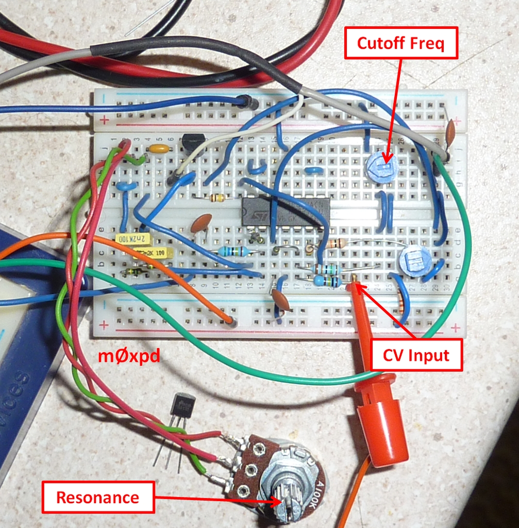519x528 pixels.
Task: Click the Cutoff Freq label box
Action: [400, 44]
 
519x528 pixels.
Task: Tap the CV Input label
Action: [416, 355]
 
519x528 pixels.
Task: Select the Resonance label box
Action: [97, 497]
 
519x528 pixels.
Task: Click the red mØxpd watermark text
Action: [129, 355]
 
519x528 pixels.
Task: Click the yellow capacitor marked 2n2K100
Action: [133, 239]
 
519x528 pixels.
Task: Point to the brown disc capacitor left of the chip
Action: [200, 223]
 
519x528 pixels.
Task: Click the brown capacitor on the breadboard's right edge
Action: [450, 133]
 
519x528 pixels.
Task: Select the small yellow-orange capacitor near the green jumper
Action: [159, 149]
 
